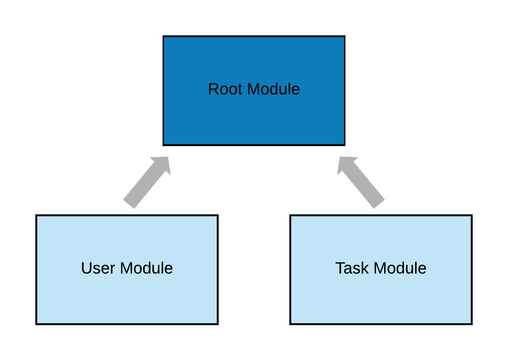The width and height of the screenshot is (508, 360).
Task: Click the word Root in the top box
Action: (x=225, y=90)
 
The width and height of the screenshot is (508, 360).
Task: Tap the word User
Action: (x=99, y=268)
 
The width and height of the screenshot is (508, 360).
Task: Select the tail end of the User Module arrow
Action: (x=128, y=204)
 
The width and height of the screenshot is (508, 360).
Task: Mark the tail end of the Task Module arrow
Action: (x=380, y=204)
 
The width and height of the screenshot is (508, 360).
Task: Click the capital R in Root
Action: (x=213, y=90)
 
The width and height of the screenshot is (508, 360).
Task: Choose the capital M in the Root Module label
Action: (x=253, y=90)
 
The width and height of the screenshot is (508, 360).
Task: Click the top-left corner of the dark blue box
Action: (x=164, y=38)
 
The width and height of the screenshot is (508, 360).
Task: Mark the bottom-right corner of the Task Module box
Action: (x=470, y=322)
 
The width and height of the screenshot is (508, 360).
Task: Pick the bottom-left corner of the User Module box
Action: (x=38, y=322)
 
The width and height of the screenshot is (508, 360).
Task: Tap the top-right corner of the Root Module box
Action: (x=343, y=38)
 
